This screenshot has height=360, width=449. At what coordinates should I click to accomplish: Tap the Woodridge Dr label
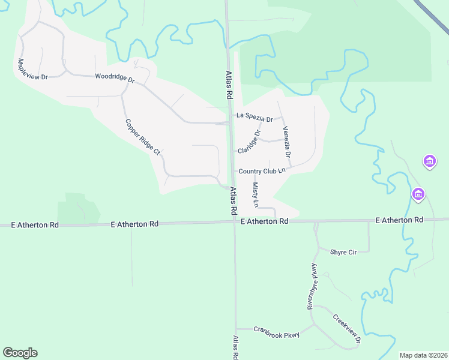click(x=115, y=77)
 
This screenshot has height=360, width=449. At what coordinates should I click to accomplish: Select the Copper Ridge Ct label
click(x=142, y=137)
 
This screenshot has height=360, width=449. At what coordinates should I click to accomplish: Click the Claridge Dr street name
click(x=249, y=141)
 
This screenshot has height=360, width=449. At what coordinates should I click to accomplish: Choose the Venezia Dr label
click(x=287, y=142)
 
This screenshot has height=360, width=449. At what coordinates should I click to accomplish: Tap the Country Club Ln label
click(x=261, y=171)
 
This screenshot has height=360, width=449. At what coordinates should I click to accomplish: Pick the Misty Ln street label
click(x=255, y=195)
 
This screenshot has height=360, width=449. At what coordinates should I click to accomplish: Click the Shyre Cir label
click(x=343, y=252)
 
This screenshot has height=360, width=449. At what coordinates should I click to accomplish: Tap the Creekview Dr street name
click(x=346, y=329)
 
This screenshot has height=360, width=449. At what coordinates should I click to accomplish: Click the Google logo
click(x=20, y=353)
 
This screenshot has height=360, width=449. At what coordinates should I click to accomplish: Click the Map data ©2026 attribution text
click(x=423, y=355)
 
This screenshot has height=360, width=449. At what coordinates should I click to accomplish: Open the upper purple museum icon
click(x=429, y=161)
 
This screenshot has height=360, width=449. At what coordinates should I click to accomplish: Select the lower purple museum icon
click(x=418, y=194)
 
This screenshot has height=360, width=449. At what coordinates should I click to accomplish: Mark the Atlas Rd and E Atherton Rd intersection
click(x=234, y=222)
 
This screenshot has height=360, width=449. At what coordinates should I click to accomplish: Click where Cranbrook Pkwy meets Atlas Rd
click(x=235, y=329)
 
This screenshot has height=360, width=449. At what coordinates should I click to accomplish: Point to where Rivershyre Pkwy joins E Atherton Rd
click(x=316, y=221)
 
